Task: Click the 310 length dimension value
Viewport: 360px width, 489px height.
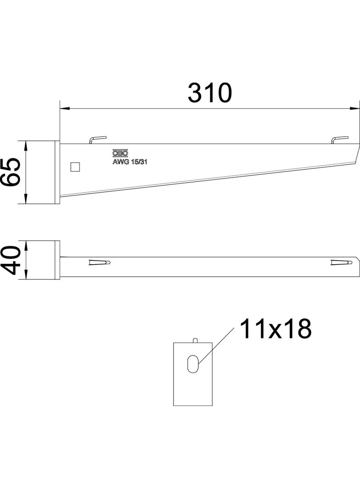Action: pos(210,93)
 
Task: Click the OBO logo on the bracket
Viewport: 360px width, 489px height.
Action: pos(120,154)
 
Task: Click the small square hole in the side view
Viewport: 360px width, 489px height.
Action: pos(75,167)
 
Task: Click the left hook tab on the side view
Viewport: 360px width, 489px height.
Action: pos(98,139)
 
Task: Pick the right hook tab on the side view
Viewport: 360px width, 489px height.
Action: pos(340,139)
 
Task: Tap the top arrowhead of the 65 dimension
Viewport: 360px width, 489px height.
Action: pos(26,145)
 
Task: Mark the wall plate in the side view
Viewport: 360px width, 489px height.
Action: pos(57,172)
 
